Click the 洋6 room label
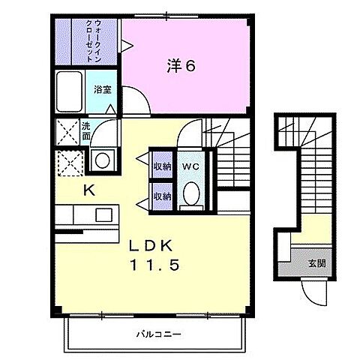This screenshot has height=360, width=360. (181, 65)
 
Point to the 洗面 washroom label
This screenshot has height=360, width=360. (86, 132)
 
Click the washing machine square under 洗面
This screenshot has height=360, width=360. (102, 159)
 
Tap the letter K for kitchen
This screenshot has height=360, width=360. (88, 190)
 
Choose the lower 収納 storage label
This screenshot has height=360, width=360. (161, 196)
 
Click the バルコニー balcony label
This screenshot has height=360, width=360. (158, 333)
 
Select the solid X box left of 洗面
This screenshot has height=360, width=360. (67, 133)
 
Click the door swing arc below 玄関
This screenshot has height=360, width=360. (316, 293)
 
